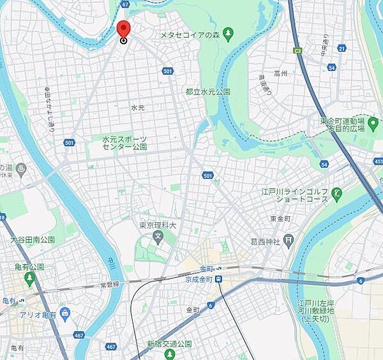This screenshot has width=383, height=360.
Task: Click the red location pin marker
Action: pos(123,29)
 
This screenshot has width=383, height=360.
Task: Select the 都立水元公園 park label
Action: pos(208,93)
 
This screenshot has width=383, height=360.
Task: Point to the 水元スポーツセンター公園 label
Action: pos(125,142)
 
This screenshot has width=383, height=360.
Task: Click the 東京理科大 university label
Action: pos(157,225)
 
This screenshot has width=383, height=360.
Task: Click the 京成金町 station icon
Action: pos(218,279)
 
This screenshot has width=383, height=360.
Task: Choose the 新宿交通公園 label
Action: pos(170,344)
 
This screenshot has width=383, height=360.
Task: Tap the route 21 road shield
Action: pos(342,48)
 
